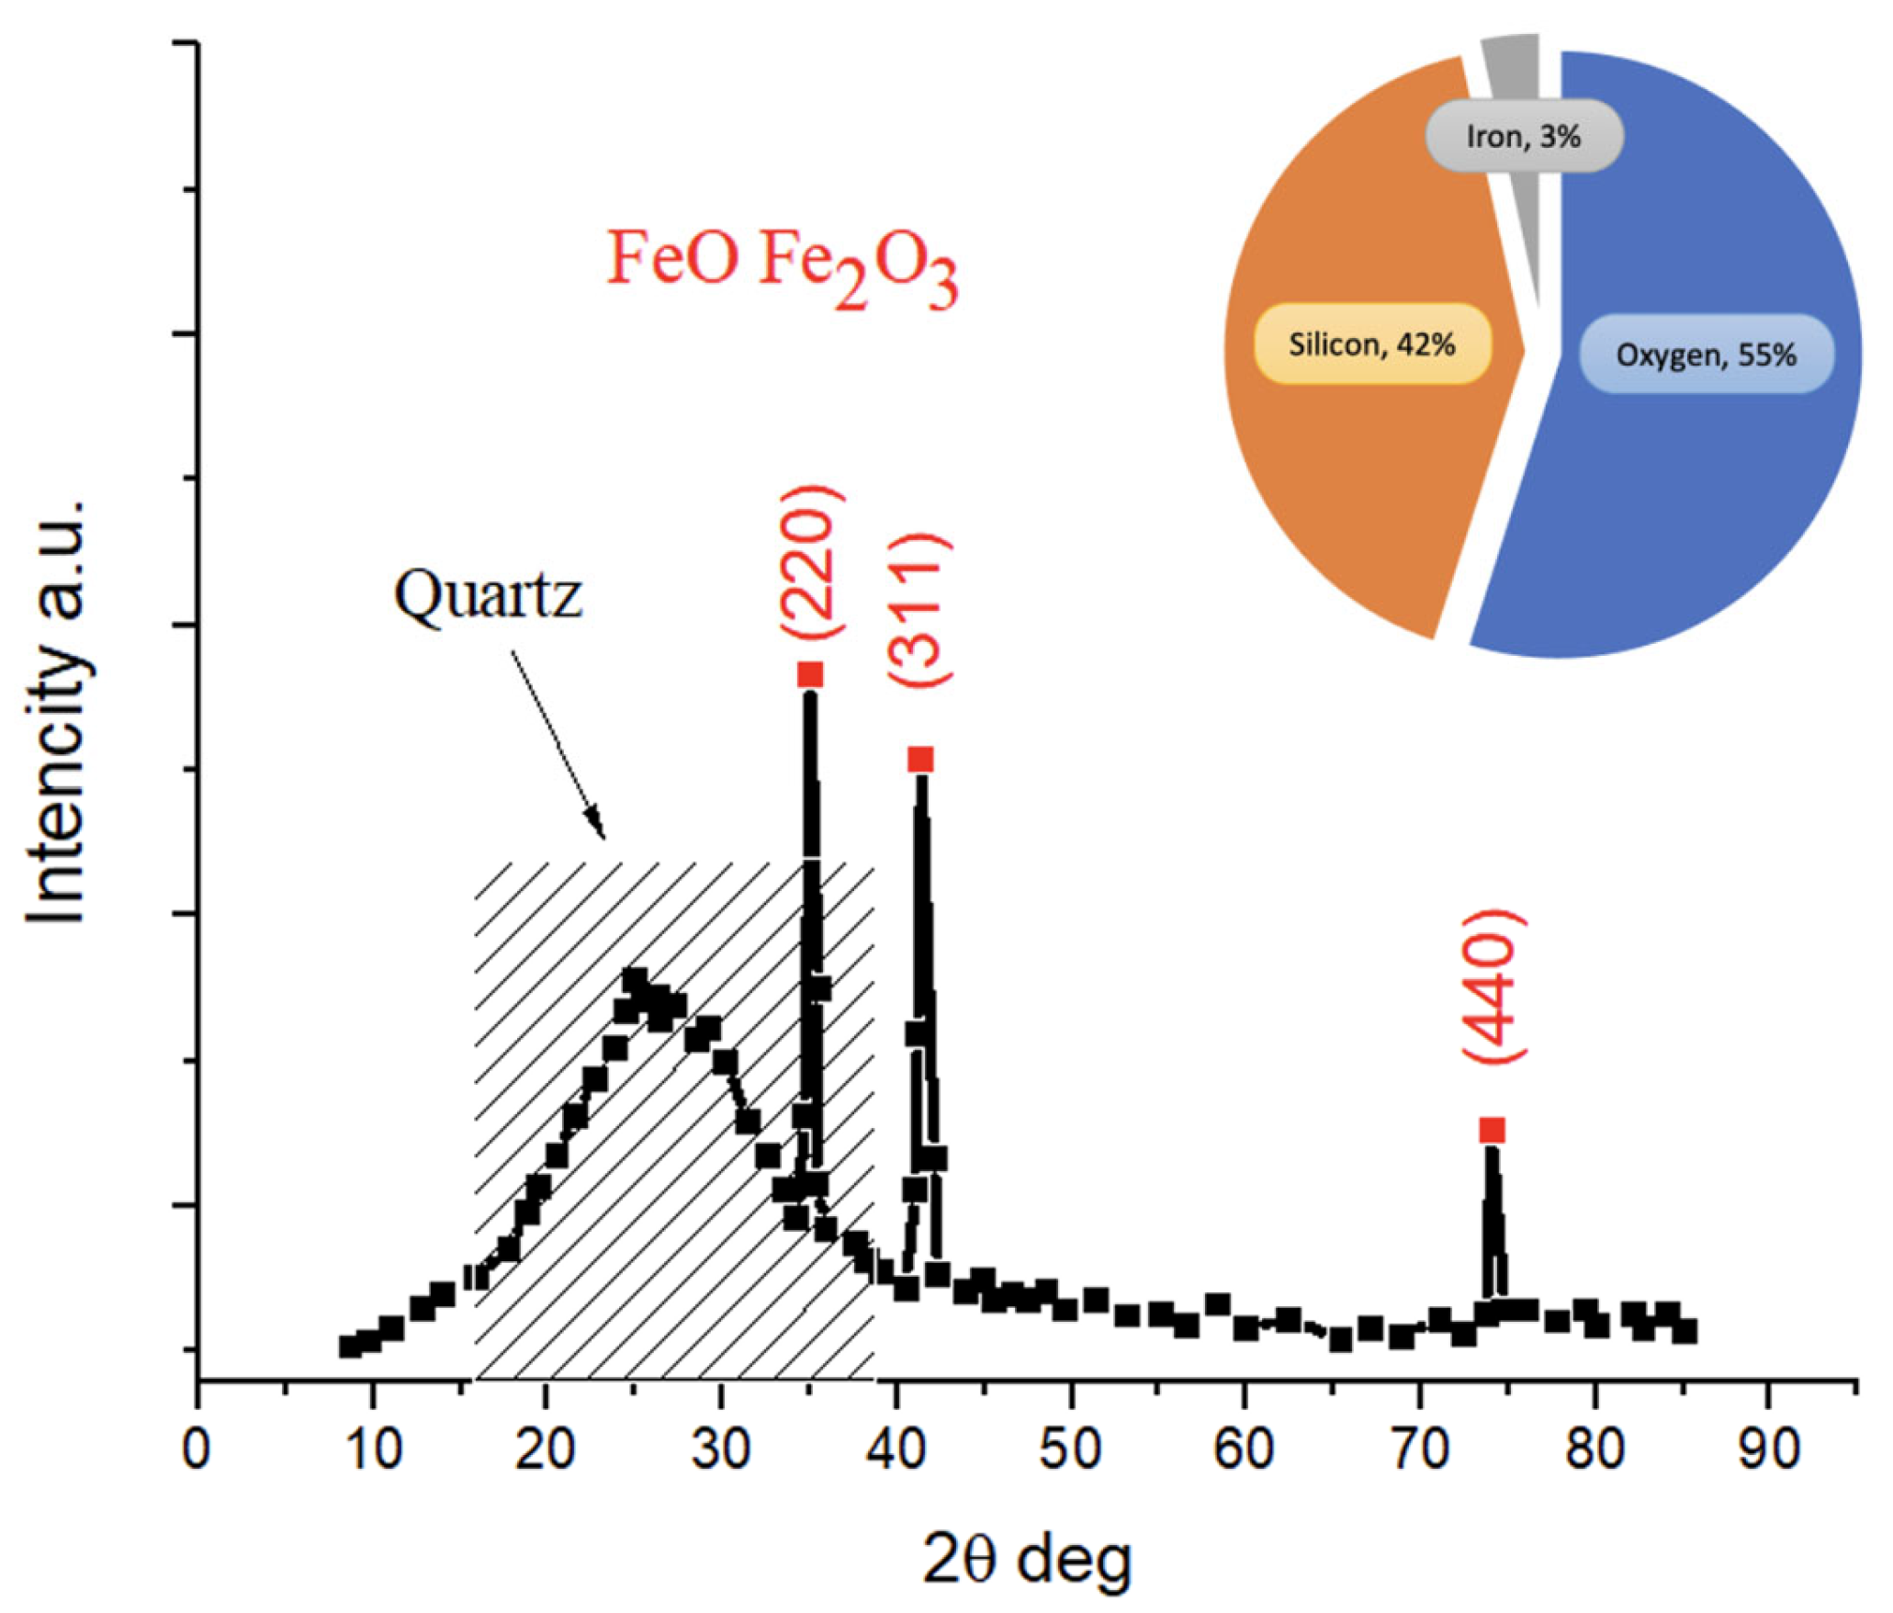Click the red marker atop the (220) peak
(x=810, y=674)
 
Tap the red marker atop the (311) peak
(x=920, y=759)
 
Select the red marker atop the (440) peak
(x=1493, y=1130)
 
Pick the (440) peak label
(x=1493, y=987)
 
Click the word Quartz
(x=488, y=595)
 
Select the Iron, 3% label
(x=1523, y=136)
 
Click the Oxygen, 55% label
(x=1706, y=354)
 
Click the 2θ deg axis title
(x=1026, y=1559)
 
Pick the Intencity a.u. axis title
(x=57, y=712)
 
